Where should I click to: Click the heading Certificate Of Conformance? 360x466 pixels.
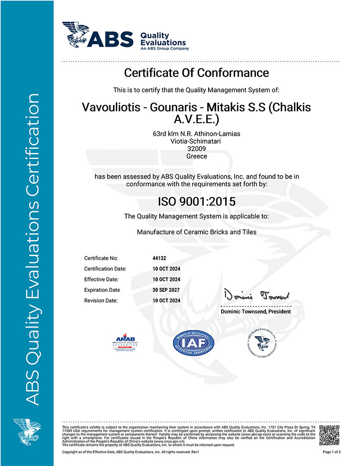[x=196, y=72]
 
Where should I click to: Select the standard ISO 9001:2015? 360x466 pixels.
[x=196, y=201]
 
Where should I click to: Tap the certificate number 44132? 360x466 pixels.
[x=160, y=258]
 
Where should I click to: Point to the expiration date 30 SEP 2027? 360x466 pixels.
[x=166, y=290]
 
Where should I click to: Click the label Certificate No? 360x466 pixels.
[x=101, y=258]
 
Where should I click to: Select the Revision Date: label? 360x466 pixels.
[x=101, y=300]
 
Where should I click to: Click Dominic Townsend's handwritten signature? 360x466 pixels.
[x=255, y=296]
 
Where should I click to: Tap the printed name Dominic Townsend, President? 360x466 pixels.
[x=256, y=312]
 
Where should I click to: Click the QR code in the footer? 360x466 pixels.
[x=330, y=436]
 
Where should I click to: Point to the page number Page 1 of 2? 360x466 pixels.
[x=332, y=452]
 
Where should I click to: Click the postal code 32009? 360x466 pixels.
[x=196, y=148]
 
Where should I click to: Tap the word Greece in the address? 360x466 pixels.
[x=196, y=156]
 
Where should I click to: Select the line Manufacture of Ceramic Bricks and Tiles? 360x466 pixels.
[x=196, y=232]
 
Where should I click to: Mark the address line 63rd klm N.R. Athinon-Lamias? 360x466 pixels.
[x=196, y=133]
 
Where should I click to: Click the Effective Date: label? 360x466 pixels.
[x=101, y=279]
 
